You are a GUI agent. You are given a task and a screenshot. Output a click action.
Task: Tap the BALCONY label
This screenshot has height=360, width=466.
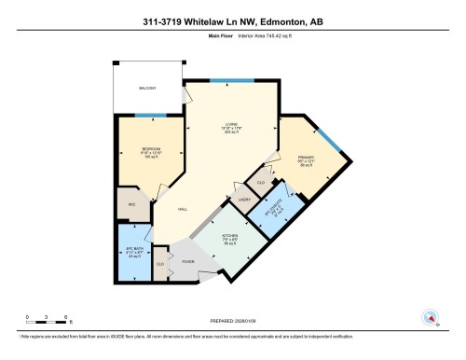click(149, 89)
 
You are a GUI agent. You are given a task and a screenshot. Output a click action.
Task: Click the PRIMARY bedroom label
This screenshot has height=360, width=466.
click(307, 159)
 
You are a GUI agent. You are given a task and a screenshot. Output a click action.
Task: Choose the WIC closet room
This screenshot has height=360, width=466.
click(131, 203)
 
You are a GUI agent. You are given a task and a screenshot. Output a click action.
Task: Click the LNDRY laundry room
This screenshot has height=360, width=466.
click(246, 200)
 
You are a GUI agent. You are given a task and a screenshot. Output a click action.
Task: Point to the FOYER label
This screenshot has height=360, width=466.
click(199, 264)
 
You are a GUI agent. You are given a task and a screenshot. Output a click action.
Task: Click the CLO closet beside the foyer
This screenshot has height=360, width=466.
click(160, 265)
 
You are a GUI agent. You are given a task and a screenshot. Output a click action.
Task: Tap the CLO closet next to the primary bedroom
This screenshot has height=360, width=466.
click(262, 183)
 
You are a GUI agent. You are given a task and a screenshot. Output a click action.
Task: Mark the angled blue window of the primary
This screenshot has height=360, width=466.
click(335, 142)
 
